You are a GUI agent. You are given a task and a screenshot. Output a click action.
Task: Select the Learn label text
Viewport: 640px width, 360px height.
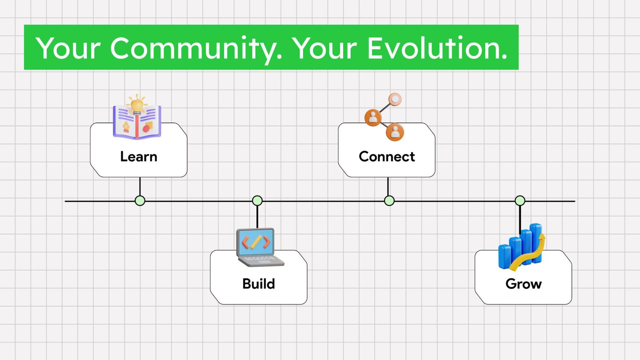(139, 156)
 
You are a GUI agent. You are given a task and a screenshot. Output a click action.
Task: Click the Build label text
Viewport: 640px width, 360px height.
(259, 284)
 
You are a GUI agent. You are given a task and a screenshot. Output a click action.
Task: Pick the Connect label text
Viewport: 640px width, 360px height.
(387, 156)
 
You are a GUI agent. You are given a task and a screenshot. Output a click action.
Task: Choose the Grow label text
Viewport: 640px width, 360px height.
(524, 284)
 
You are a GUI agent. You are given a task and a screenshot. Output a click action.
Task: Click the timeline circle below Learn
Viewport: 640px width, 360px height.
(140, 201)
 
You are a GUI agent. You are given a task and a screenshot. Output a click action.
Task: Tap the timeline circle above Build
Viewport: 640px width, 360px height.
(257, 201)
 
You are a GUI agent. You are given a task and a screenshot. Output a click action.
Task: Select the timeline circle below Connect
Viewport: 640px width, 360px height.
(389, 201)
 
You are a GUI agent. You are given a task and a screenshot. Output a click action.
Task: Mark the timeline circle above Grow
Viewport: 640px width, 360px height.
(520, 201)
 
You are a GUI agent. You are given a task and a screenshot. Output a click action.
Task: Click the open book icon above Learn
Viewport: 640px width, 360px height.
(137, 120)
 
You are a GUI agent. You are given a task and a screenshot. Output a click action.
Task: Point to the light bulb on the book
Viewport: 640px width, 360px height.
(137, 104)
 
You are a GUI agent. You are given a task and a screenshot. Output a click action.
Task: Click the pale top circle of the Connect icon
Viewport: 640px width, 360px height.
(395, 99)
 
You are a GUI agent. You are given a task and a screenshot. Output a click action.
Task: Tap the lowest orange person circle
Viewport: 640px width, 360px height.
(395, 132)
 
